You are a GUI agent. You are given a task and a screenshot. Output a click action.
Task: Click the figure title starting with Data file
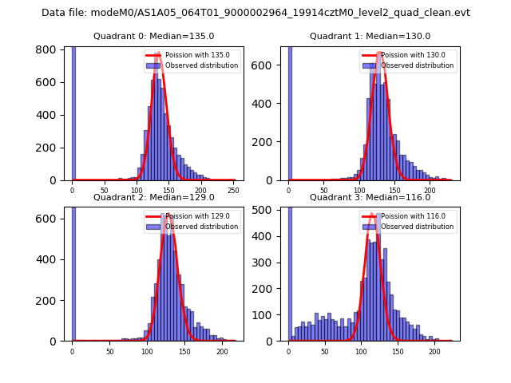click(x=255, y=13)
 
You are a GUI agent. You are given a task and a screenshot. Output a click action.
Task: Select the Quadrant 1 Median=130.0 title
click(x=370, y=36)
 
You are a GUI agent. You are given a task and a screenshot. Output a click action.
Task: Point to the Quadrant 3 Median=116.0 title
click(x=370, y=197)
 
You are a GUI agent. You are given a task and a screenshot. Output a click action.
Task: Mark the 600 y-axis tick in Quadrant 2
click(x=47, y=219)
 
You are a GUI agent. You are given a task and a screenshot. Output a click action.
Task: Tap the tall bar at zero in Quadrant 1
click(x=290, y=112)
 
